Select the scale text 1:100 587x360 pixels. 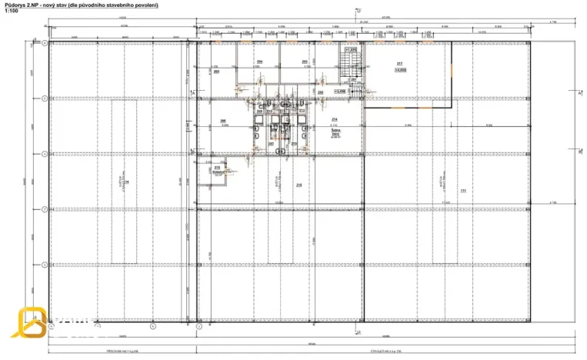pos(11,12)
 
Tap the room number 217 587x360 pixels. pos(399,63)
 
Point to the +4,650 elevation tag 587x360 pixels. pos(399,69)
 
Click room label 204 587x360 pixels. pos(260,62)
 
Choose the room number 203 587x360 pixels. pos(305,62)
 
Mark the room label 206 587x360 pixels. pos(222,121)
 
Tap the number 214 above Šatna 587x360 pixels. pos(335,120)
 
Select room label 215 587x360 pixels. pos(217,168)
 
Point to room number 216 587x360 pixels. pos(299,185)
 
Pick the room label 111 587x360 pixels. pos(463,190)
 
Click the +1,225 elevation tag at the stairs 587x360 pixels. pos(352,50)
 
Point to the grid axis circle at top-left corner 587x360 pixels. pos(45,44)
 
